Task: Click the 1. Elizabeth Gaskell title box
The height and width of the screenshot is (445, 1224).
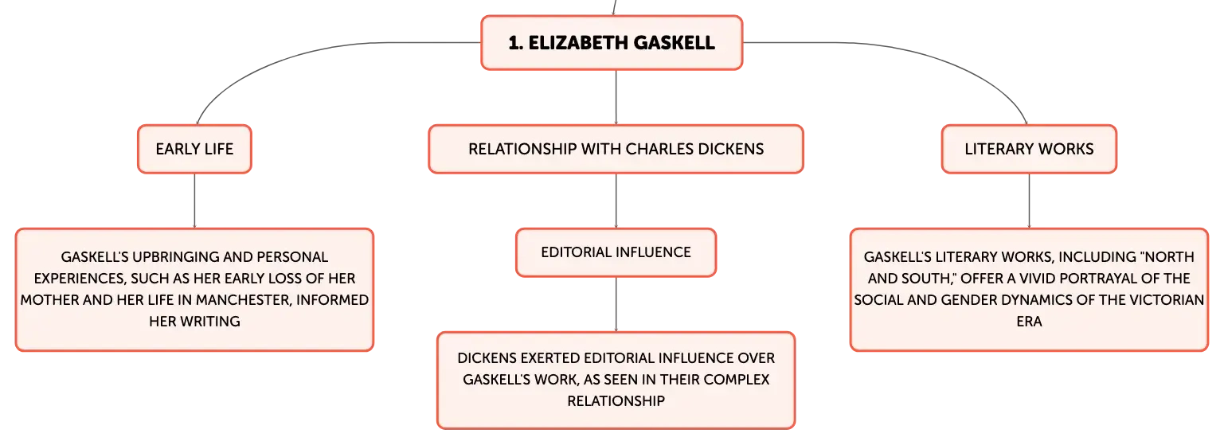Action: pos(612,42)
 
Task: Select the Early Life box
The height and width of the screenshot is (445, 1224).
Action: pos(194,149)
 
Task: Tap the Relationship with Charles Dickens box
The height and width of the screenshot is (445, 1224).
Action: pos(616,149)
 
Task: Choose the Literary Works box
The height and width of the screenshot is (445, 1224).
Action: pos(1029,149)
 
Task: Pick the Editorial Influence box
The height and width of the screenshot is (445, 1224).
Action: pos(616,252)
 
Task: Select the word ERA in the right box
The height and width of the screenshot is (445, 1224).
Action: pos(1029,322)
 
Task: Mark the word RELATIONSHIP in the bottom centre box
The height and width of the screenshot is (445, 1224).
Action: pos(616,401)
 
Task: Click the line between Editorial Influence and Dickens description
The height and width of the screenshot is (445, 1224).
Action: pos(616,304)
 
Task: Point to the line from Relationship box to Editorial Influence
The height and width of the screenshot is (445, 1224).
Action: pos(616,201)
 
